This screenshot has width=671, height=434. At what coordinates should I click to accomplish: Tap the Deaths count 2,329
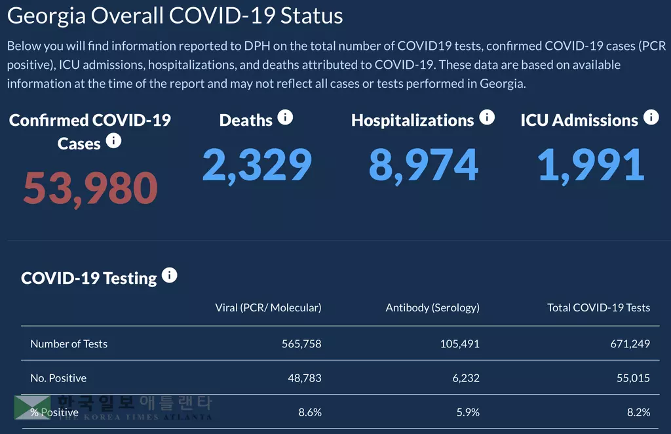[257, 165]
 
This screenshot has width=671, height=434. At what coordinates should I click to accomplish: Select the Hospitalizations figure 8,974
[423, 165]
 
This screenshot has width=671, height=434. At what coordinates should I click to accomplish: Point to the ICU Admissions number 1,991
[591, 165]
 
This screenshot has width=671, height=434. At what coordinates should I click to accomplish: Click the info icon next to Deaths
[285, 117]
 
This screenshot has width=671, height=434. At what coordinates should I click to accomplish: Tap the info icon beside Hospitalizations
[487, 117]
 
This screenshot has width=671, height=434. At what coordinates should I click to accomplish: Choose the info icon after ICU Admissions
[651, 117]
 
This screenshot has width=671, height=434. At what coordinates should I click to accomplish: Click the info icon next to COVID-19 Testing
[169, 275]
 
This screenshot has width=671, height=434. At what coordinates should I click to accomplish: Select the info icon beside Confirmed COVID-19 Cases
[113, 140]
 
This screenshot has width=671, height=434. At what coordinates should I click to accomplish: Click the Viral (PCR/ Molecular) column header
[268, 307]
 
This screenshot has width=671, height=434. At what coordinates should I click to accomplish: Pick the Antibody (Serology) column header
[432, 307]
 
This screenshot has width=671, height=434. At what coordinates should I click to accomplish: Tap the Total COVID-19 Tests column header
[598, 307]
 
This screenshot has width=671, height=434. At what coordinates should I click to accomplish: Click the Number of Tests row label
[69, 344]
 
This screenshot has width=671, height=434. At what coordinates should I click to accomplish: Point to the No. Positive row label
[58, 378]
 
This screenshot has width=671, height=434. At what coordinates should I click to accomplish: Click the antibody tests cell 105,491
[459, 344]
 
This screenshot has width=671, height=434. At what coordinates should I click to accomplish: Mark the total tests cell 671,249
[630, 344]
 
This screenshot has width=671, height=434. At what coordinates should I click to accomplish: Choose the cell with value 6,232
[466, 378]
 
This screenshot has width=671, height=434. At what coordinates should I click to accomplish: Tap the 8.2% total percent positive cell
[638, 412]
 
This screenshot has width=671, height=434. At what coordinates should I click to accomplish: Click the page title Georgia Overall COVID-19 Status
[175, 16]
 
